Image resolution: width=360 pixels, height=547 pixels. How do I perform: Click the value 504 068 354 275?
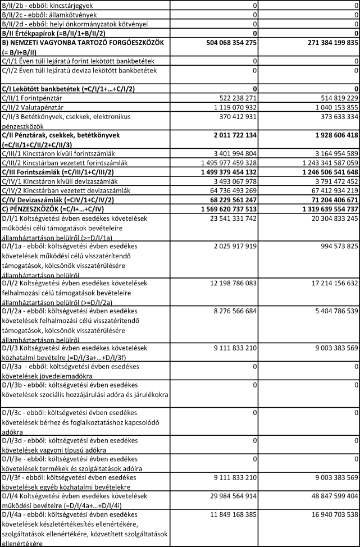pyautogui.click(x=228, y=42)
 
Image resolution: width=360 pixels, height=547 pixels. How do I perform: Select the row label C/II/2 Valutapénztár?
pyautogui.click(x=35, y=107)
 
